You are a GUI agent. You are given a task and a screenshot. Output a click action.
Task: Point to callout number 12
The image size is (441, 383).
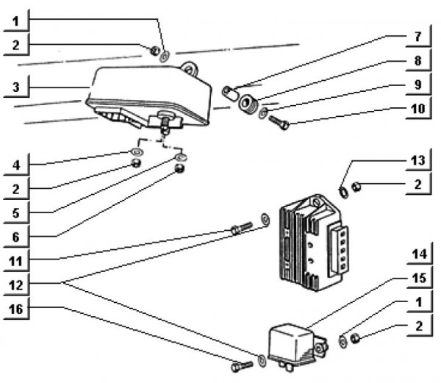point(15,283)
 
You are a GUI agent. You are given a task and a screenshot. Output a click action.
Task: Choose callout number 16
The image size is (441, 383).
point(15,309)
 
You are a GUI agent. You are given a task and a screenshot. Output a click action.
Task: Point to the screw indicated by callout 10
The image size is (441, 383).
point(279,122)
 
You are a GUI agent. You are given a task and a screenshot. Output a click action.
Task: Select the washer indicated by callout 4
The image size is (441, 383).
point(136,153)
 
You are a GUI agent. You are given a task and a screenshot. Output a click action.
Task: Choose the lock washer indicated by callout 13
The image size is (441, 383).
point(343,195)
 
